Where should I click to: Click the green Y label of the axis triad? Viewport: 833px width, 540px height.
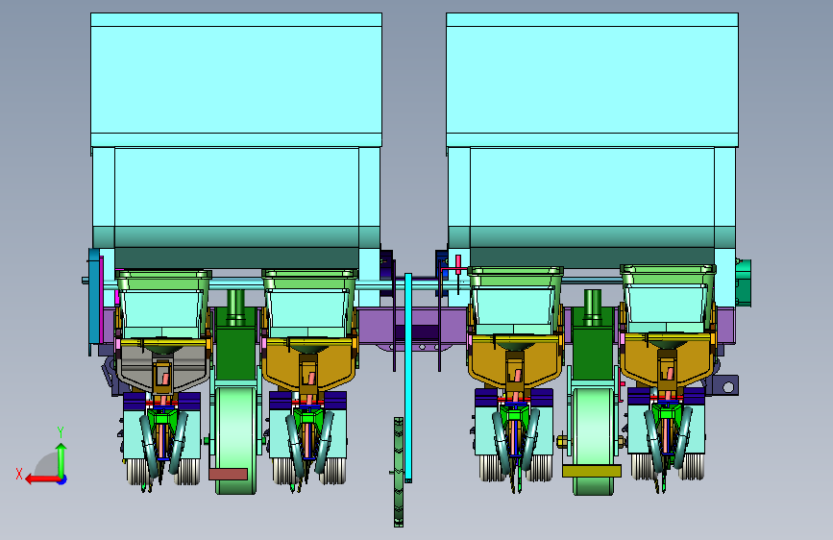[61, 432]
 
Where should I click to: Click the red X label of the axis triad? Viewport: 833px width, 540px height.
[19, 474]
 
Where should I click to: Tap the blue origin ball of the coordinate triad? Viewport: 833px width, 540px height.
[62, 479]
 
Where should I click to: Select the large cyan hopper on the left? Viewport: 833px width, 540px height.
[236, 140]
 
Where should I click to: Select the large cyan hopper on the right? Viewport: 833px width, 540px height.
[592, 140]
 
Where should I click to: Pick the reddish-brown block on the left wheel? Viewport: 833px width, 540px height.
[229, 474]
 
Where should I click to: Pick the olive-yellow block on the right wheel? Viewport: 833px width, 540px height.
[592, 471]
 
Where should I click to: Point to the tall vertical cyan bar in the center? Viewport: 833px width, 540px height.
[408, 378]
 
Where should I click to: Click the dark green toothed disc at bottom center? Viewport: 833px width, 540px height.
[399, 472]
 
